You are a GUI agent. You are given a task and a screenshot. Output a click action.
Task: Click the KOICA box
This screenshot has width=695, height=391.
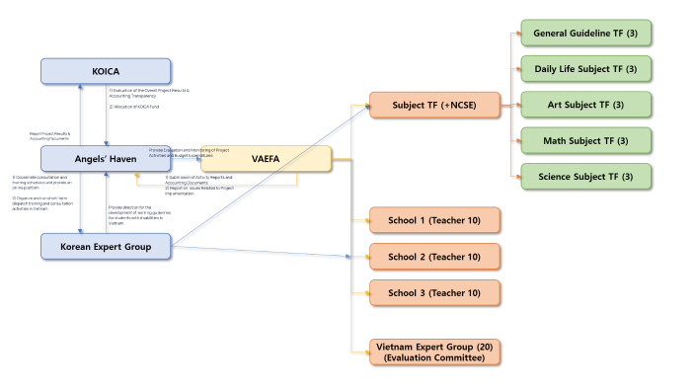pyautogui.click(x=105, y=71)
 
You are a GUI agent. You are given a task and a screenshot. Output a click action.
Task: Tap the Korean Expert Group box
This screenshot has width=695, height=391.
pyautogui.click(x=105, y=246)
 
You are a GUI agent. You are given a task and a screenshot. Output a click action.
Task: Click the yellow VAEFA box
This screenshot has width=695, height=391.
pyautogui.click(x=266, y=158)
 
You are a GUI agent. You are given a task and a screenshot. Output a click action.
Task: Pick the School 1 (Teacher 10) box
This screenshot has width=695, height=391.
pyautogui.click(x=433, y=219)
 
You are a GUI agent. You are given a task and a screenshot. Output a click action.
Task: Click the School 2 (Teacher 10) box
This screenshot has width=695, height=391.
pyautogui.click(x=433, y=257)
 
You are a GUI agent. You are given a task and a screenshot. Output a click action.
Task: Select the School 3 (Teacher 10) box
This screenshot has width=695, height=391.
pyautogui.click(x=433, y=292)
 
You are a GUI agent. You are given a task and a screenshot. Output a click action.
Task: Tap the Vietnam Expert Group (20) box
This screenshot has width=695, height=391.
pyautogui.click(x=433, y=352)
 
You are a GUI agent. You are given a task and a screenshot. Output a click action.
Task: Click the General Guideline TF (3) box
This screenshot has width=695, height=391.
pyautogui.click(x=585, y=34)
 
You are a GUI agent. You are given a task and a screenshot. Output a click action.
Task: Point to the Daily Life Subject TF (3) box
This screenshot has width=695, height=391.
pyautogui.click(x=585, y=69)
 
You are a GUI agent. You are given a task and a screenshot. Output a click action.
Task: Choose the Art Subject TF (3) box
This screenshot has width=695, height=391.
pyautogui.click(x=585, y=105)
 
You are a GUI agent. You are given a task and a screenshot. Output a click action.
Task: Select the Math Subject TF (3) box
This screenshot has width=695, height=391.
pyautogui.click(x=585, y=140)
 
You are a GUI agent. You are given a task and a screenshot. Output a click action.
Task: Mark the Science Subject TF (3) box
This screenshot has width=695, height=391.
pyautogui.click(x=585, y=176)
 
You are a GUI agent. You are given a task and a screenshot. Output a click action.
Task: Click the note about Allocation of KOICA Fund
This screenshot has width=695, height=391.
pyautogui.click(x=139, y=106)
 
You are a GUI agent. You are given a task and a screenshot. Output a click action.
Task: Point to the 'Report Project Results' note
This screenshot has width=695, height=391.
pyautogui.click(x=49, y=136)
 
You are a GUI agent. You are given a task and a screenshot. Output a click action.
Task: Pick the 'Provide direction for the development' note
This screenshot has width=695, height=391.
pyautogui.click(x=136, y=215)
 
